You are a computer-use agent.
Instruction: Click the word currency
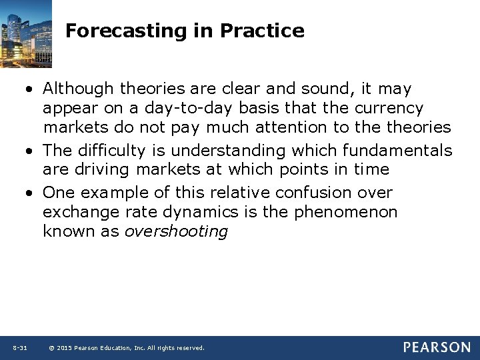(389, 108)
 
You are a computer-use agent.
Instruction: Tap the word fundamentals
(397, 151)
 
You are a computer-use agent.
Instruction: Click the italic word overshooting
(176, 231)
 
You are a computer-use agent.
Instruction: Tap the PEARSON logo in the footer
(436, 347)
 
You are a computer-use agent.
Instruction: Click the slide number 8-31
(19, 348)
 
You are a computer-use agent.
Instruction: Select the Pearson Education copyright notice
(127, 348)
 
